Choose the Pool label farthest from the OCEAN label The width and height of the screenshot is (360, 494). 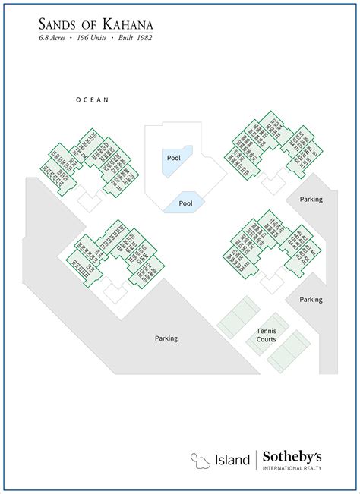[x=186, y=203]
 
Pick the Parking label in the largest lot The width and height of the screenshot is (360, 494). [x=166, y=338]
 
